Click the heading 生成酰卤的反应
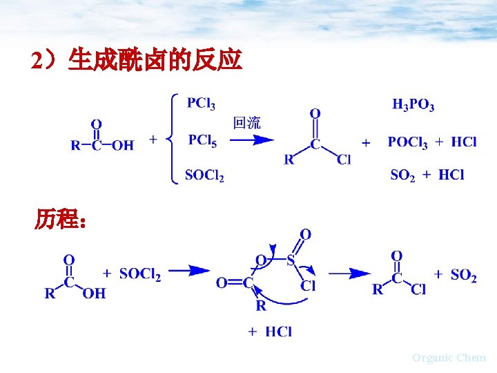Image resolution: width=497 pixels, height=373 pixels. [155, 61]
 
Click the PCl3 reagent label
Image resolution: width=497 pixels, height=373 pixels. [201, 104]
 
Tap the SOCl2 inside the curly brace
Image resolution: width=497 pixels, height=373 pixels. [204, 175]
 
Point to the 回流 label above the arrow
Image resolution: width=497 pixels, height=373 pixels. [246, 124]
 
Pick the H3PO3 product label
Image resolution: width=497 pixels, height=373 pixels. [413, 105]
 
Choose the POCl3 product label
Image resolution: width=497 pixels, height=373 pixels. [407, 142]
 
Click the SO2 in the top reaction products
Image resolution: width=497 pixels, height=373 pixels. [402, 175]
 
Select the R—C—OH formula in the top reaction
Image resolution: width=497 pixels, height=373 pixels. [102, 144]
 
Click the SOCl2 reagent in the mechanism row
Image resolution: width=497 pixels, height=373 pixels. [140, 275]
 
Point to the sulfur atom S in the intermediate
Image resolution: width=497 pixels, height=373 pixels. [291, 260]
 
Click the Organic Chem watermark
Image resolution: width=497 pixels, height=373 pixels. [449, 357]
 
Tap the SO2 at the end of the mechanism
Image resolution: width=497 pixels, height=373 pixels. [463, 276]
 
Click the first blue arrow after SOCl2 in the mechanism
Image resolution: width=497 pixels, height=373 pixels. [189, 271]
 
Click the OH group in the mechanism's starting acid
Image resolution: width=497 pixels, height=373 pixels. [94, 294]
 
